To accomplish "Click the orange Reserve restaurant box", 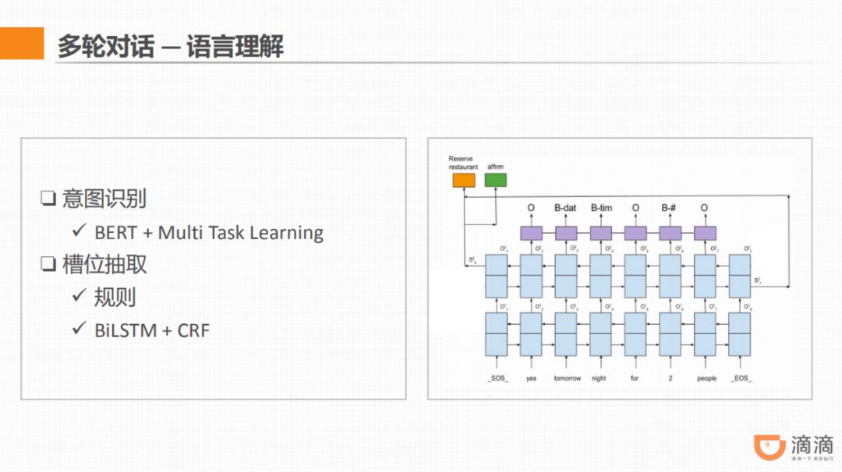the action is (463, 180).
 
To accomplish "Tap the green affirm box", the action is (495, 180).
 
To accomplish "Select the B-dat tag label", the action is (566, 208).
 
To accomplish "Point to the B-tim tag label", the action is (601, 208).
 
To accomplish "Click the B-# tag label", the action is (670, 208).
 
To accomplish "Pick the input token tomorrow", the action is (567, 379).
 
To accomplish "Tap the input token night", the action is (599, 379).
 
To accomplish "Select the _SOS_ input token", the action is (497, 379).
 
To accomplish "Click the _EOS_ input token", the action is (741, 379).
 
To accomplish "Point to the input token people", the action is (706, 379).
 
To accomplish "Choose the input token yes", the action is (531, 379).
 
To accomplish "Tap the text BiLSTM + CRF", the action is (152, 330).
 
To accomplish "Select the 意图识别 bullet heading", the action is (104, 199).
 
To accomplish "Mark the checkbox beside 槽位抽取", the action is (48, 265).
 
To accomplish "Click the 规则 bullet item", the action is (115, 298).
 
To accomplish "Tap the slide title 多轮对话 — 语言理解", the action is (170, 46).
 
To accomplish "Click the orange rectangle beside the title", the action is (22, 44).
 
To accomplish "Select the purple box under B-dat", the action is (566, 233).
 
